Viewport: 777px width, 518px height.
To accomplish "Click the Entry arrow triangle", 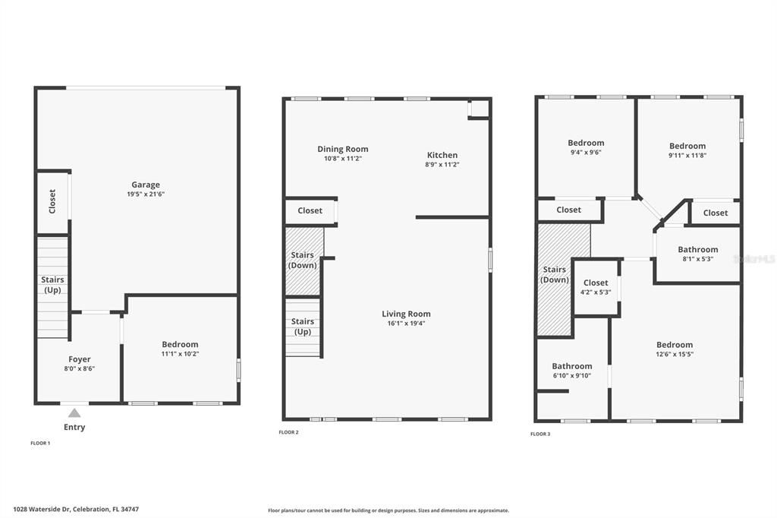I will pyautogui.click(x=74, y=413).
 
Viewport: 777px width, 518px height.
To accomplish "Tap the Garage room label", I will pyautogui.click(x=146, y=185).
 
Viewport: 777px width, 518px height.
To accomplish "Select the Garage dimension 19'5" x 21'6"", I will pyautogui.click(x=146, y=194).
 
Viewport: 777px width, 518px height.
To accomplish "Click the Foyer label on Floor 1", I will pyautogui.click(x=79, y=359).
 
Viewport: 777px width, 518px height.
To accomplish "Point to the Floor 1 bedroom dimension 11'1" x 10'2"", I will pyautogui.click(x=180, y=354).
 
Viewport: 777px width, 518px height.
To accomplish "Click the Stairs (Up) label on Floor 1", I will pyautogui.click(x=52, y=285).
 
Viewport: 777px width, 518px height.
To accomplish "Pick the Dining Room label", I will pyautogui.click(x=342, y=149).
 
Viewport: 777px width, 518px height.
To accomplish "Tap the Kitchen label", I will pyautogui.click(x=442, y=155).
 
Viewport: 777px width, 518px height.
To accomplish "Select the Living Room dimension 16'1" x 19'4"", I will pyautogui.click(x=406, y=324).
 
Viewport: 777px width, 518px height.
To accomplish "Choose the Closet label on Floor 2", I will pyautogui.click(x=310, y=210).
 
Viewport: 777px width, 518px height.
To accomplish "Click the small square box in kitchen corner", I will pyautogui.click(x=479, y=109).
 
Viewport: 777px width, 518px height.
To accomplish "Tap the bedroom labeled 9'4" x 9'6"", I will pyautogui.click(x=586, y=143).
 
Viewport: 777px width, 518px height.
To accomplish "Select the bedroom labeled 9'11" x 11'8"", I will pyautogui.click(x=687, y=146).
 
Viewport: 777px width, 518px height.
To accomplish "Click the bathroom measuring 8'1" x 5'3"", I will pyautogui.click(x=697, y=250).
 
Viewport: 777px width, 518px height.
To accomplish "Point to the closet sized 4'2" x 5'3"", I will pyautogui.click(x=596, y=283).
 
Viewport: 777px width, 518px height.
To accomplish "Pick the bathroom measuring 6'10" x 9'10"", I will pyautogui.click(x=571, y=366).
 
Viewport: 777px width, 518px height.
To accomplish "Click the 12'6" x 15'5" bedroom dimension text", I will pyautogui.click(x=675, y=354).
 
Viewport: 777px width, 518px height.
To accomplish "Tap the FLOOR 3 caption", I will pyautogui.click(x=540, y=434).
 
